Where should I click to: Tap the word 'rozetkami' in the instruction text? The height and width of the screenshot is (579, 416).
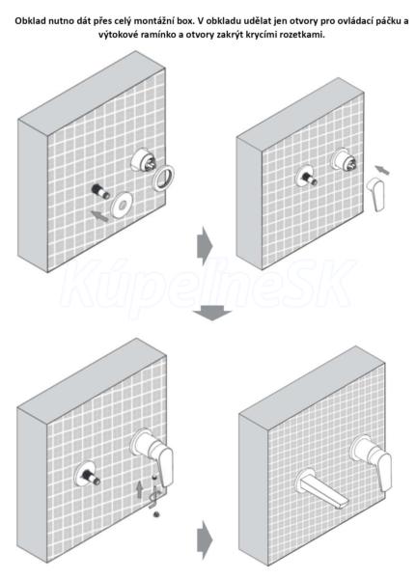point(306,35)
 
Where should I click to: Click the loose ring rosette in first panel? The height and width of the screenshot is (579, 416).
point(164,178)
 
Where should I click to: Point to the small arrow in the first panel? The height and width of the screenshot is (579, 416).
point(99,215)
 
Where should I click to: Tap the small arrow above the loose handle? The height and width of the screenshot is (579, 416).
point(382,170)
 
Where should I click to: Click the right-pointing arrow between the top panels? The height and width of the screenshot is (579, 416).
point(205,245)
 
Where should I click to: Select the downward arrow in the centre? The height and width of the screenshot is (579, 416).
point(211,313)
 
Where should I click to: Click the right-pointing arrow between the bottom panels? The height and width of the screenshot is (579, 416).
point(205,539)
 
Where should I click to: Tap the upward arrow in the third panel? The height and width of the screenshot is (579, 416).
point(139,489)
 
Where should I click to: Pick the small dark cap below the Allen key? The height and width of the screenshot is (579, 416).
point(156,513)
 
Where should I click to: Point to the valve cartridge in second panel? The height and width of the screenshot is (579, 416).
point(346,160)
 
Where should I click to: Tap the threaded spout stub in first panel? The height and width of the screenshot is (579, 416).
point(100,191)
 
